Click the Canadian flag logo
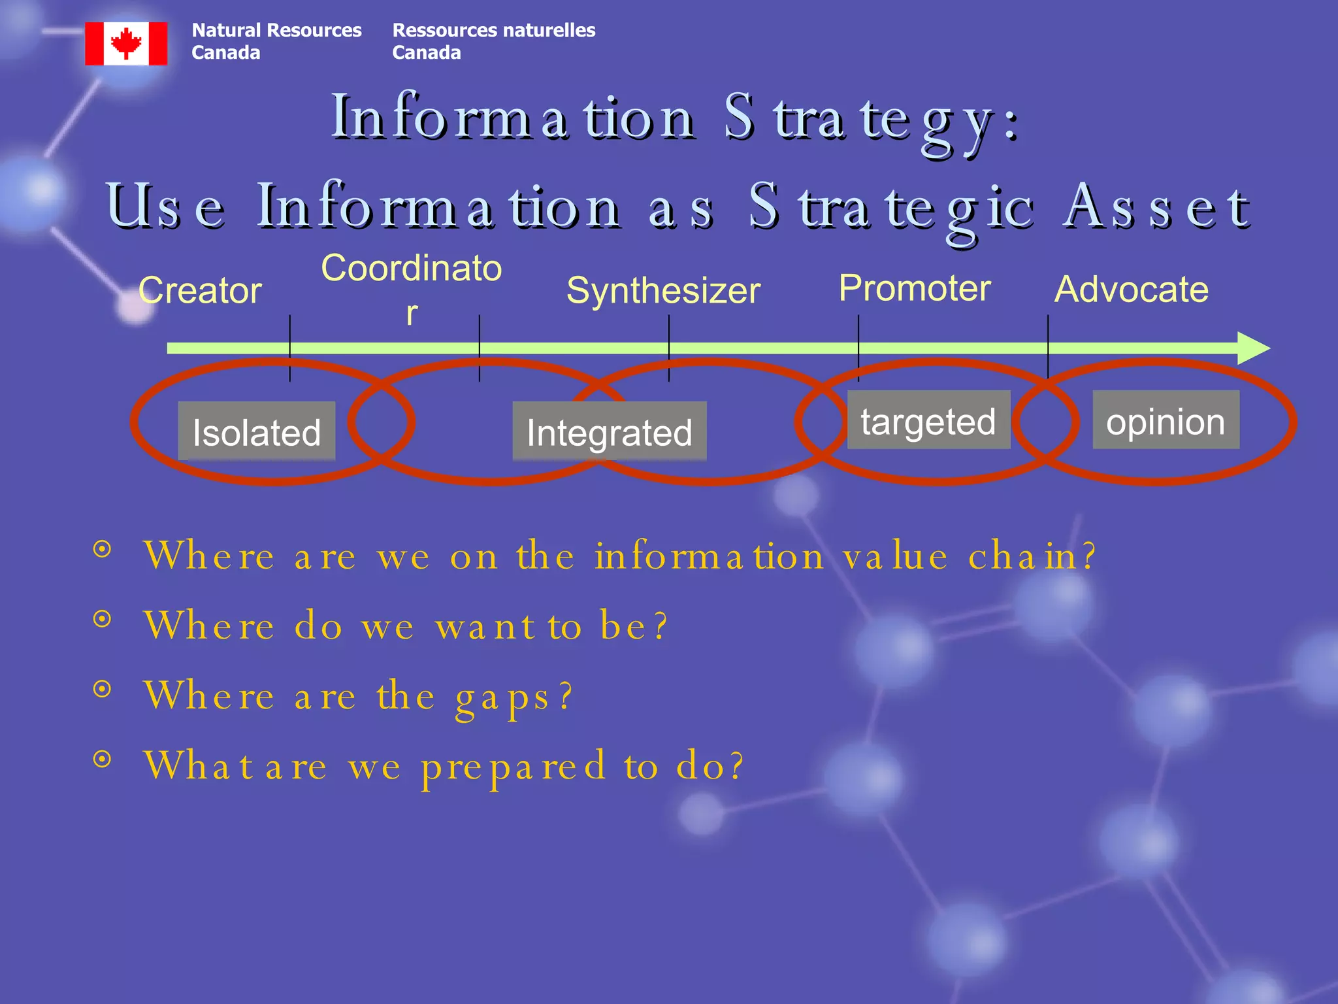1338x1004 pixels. click(x=126, y=43)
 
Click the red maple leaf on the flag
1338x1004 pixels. click(x=126, y=43)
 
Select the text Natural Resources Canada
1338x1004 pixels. click(x=276, y=41)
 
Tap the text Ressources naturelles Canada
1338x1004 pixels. click(x=493, y=41)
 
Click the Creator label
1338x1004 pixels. click(x=200, y=290)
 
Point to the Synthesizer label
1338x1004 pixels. click(x=663, y=290)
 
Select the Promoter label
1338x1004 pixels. click(x=915, y=288)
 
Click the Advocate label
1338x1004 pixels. click(x=1132, y=289)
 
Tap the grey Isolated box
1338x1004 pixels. click(x=257, y=431)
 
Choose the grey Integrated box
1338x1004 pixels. click(x=609, y=431)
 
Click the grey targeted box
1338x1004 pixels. click(x=928, y=420)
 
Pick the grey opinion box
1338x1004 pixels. click(x=1166, y=420)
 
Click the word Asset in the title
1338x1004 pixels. click(x=1156, y=207)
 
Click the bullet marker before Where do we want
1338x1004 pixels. click(x=102, y=618)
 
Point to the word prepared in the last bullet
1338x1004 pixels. click(x=514, y=766)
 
